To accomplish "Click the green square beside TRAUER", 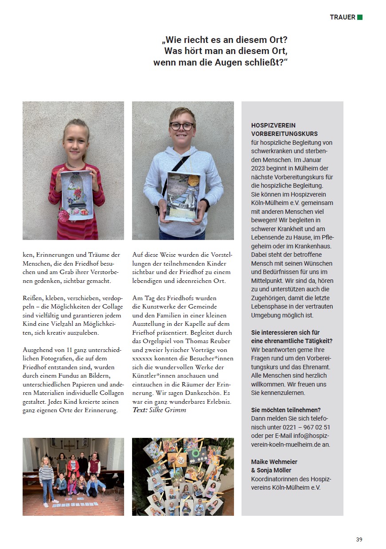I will (360, 17).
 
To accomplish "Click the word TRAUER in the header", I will (342, 17).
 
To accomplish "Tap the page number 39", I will (359, 539).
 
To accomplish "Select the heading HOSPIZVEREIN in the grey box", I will (273, 125).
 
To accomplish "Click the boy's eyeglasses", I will (181, 126).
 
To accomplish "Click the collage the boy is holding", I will (182, 195).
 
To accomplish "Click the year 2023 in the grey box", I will (259, 169).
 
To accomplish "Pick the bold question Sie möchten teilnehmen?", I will (286, 410).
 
